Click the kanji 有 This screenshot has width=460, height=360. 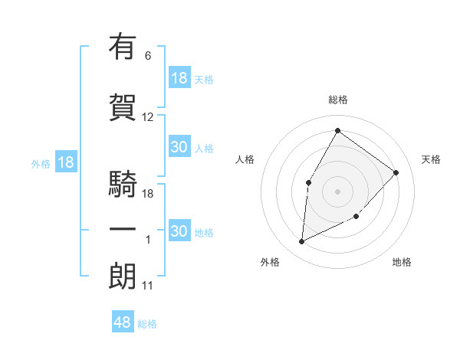tap(123, 47)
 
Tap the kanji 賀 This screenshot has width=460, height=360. tap(123, 107)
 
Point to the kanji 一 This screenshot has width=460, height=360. tap(123, 230)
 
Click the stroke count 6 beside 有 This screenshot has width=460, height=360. tap(148, 56)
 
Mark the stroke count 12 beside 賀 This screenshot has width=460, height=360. tap(148, 117)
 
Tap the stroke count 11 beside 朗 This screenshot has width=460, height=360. tap(148, 286)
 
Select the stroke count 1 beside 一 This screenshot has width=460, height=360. tap(148, 240)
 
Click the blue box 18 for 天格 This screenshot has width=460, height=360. tap(179, 78)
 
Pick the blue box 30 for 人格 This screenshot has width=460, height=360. tap(179, 148)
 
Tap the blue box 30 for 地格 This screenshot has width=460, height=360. tap(179, 231)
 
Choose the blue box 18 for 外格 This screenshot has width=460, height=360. tap(65, 162)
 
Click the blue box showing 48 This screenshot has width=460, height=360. tap(123, 323)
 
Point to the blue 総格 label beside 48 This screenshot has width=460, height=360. tap(147, 324)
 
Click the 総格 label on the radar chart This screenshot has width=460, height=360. tap(337, 100)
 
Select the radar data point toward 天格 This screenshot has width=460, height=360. tap(396, 172)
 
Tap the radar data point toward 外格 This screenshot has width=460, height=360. tap(301, 242)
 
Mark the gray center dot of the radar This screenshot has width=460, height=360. tap(337, 191)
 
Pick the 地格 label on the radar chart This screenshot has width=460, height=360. tap(402, 262)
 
